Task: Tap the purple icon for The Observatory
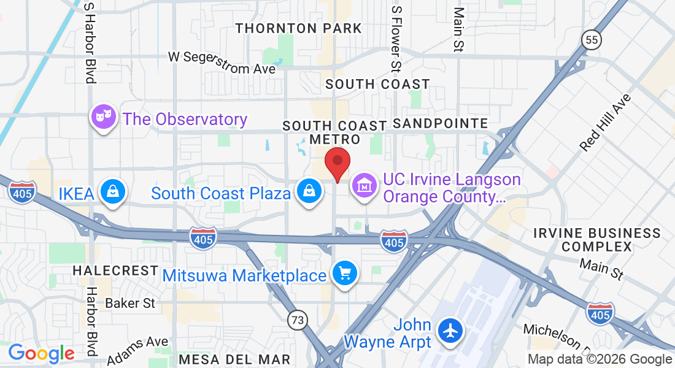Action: coord(104,117)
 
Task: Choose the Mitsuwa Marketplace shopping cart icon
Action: coord(344,273)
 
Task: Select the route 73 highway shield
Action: coord(298,319)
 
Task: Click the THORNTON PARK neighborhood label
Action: coord(299,28)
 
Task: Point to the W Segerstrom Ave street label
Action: coord(222,63)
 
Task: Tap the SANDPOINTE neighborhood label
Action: coord(440,124)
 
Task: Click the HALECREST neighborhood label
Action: coord(115,270)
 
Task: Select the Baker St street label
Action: coord(130,303)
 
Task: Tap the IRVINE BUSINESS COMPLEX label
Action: coord(597,240)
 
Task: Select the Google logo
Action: coord(41,353)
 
